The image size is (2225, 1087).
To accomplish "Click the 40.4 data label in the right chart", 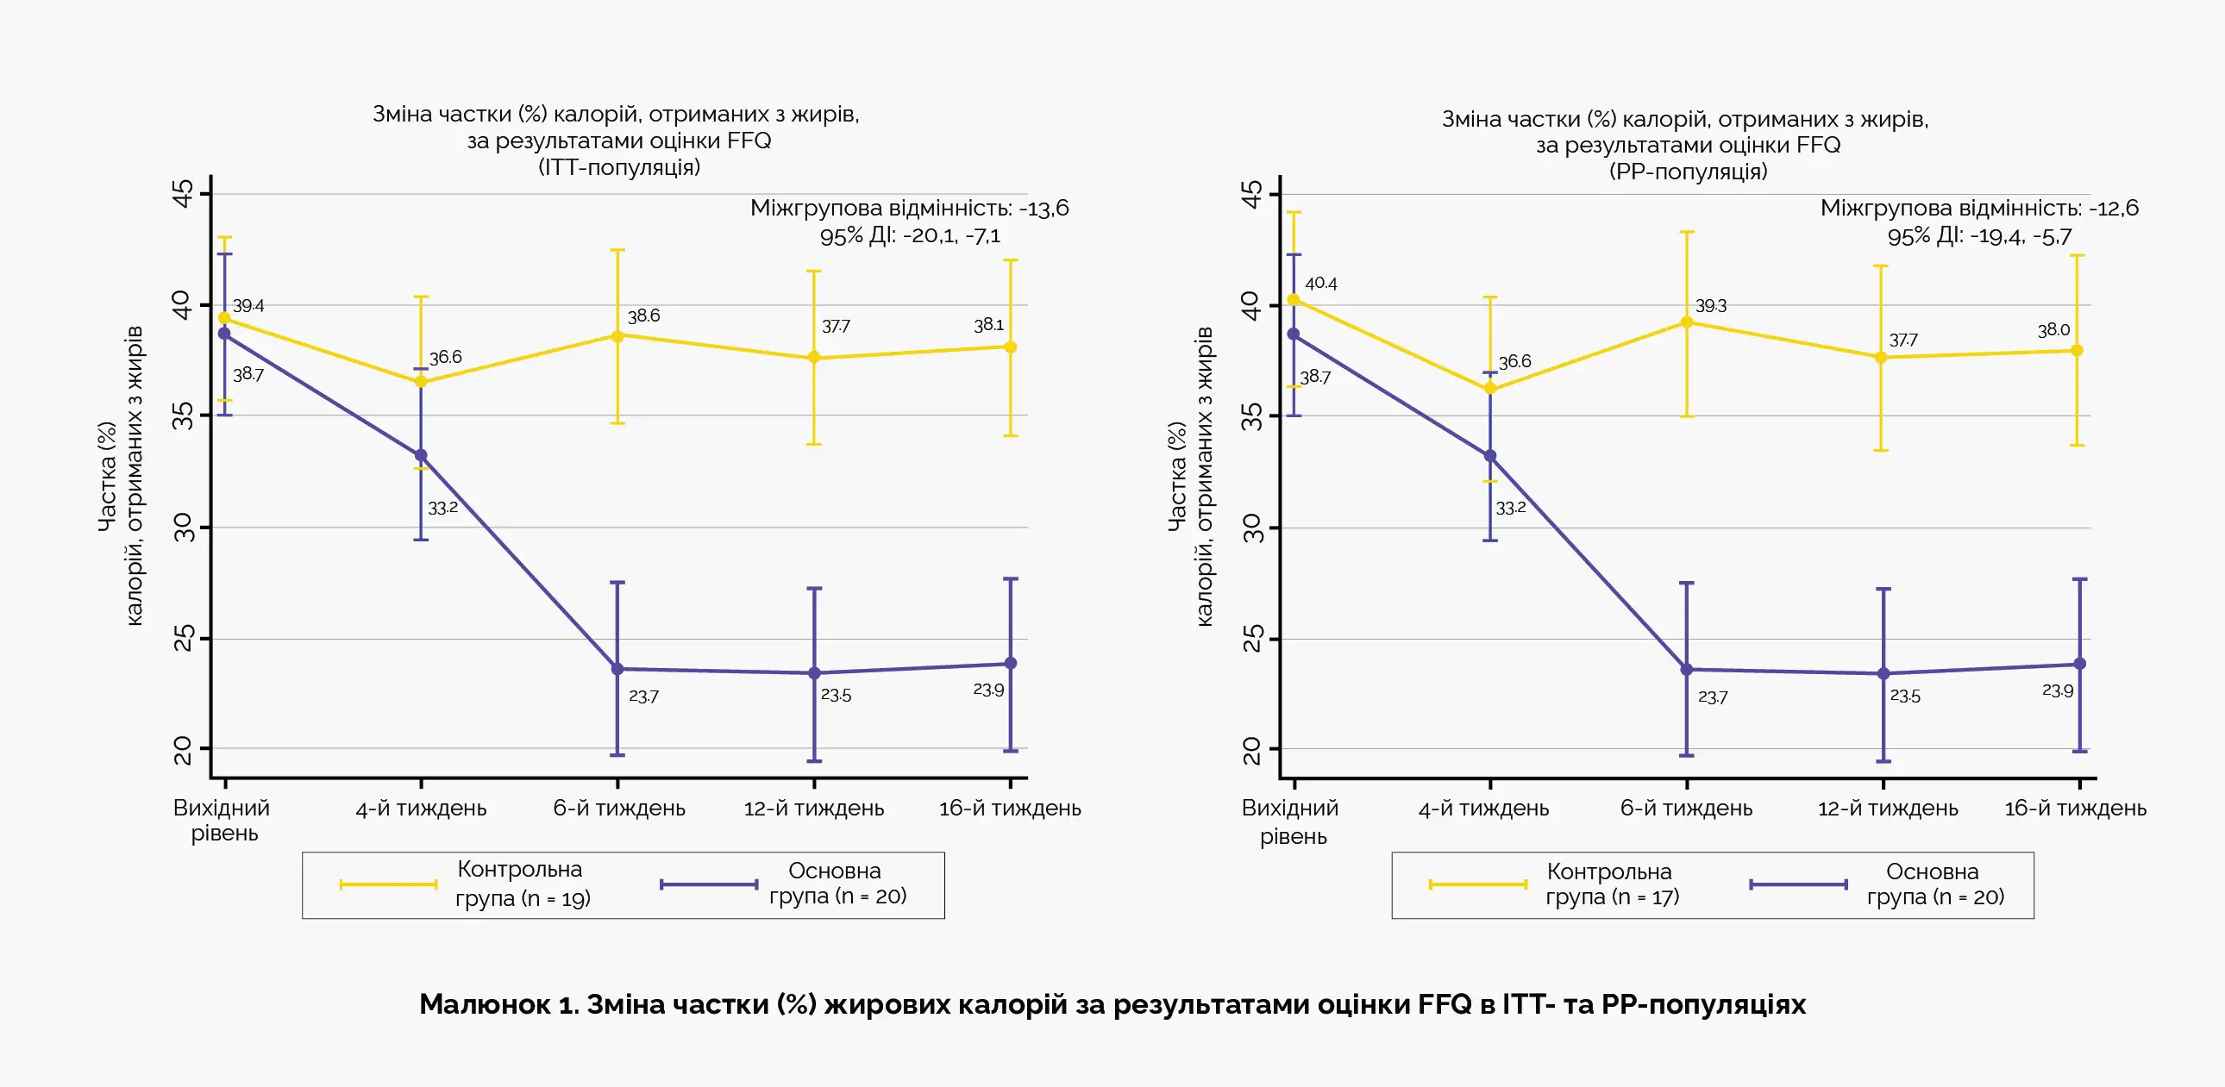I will (1320, 284).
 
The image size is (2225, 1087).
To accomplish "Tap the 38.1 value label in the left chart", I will (989, 325).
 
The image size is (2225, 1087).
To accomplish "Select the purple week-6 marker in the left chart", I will (617, 669).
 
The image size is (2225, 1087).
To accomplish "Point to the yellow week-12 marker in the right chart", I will (1881, 358).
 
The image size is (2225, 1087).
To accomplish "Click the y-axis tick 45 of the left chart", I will (183, 193).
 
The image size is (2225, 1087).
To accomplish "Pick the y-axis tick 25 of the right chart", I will (1251, 639).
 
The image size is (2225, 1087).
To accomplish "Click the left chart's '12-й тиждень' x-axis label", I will (813, 809).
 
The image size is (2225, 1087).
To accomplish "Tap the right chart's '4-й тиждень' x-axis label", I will (1483, 809).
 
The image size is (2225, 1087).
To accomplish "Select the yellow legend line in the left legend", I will (389, 884).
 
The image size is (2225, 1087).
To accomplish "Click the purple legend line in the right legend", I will (1798, 884).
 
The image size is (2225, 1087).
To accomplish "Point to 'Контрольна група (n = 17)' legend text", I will (1611, 884).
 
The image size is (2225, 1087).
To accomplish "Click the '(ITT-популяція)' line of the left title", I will (618, 166).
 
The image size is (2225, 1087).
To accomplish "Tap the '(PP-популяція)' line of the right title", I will (1688, 171).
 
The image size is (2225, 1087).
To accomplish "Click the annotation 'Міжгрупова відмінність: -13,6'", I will (909, 208).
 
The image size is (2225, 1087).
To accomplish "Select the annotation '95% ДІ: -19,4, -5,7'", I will (1979, 235).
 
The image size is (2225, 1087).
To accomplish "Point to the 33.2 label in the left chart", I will (443, 508).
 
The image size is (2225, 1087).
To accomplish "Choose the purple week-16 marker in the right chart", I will (2080, 664).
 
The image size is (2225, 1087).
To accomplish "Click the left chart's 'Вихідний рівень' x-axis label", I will (222, 821).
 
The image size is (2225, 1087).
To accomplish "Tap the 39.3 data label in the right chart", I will (1710, 306).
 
